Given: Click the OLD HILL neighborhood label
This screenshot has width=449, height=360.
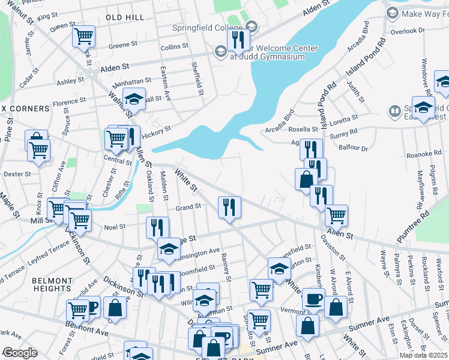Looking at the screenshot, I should pyautogui.click(x=125, y=17).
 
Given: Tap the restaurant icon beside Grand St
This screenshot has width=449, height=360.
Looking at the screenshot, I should pyautogui.click(x=229, y=208).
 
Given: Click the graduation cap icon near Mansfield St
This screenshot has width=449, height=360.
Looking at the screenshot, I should pyautogui.click(x=279, y=268).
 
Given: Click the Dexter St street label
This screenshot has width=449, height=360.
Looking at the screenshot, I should pyautogui.click(x=17, y=174).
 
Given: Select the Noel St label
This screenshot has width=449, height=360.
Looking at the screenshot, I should pyautogui.click(x=114, y=227).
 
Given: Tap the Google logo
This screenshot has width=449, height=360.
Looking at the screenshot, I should pyautogui.click(x=20, y=353).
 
